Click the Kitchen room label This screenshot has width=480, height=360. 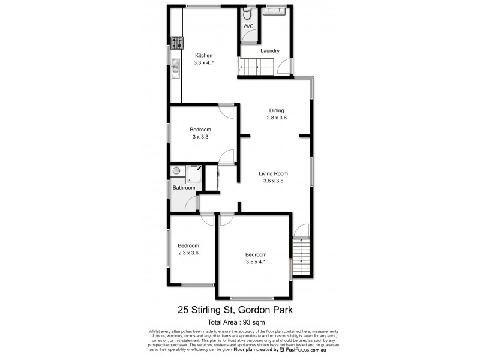203,56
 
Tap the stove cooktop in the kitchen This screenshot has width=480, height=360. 176,43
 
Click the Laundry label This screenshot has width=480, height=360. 270,51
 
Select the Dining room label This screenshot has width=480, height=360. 276,110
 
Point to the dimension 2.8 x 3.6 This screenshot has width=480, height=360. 277,118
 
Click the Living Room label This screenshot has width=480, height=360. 274,174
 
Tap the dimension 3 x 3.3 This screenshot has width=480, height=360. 200,137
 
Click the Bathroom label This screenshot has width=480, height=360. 184,188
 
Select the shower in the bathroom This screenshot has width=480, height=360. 194,173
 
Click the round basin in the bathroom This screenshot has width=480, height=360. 176,171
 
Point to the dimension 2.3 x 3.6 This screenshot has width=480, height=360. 188,253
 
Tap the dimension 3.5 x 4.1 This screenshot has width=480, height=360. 256,261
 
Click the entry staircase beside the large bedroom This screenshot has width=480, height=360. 302,257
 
